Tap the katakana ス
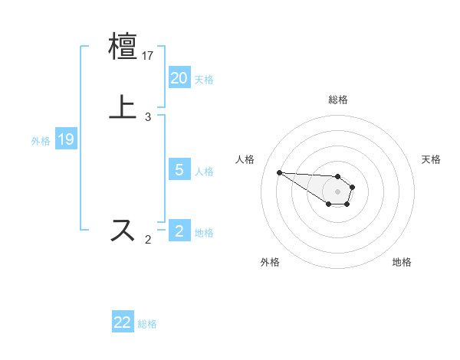click(x=124, y=231)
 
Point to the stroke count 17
click(x=149, y=56)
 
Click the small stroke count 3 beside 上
click(x=148, y=117)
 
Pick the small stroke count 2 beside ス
click(x=148, y=240)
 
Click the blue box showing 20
click(x=179, y=78)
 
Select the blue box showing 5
click(x=179, y=170)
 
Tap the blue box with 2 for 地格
click(x=179, y=231)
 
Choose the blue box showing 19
click(x=66, y=139)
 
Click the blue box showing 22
click(x=123, y=322)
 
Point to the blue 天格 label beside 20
click(x=204, y=80)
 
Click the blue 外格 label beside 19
click(x=41, y=141)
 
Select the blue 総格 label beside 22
click(x=147, y=324)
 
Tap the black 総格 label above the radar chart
click(x=337, y=100)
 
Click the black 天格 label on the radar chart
click(x=431, y=159)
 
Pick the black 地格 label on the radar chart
click(x=402, y=262)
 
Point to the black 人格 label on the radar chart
click(x=245, y=159)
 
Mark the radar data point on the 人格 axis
click(x=279, y=172)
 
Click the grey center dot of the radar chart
click(x=337, y=191)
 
